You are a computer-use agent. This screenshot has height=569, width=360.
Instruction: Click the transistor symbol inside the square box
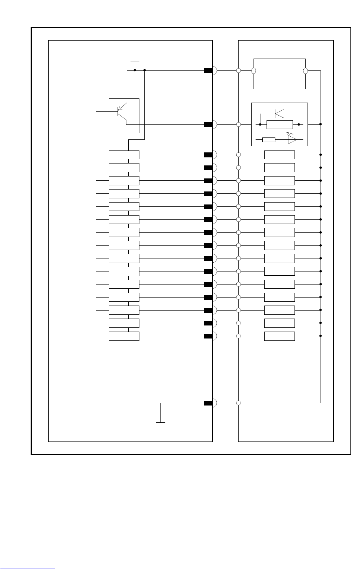point(122,113)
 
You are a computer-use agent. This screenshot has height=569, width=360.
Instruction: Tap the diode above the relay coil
point(280,113)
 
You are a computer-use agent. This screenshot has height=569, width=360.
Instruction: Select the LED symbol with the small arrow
point(292,140)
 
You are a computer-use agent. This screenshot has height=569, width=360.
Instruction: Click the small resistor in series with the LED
point(269,140)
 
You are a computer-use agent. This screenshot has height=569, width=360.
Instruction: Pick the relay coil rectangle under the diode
point(280,124)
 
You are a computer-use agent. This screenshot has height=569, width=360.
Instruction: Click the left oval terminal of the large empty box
point(254,71)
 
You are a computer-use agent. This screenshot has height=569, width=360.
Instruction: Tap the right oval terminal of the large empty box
point(306,71)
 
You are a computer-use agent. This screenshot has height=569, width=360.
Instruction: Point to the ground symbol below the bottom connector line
point(161,422)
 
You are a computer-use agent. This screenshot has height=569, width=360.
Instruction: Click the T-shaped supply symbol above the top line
point(135,62)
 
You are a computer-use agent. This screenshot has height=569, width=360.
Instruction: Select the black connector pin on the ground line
point(208,403)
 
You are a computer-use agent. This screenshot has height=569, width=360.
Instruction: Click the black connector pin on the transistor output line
point(208,124)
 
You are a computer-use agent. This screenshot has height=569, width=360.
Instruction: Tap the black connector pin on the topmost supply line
point(208,71)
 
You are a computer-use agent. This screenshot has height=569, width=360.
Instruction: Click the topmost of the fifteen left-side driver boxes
point(124,155)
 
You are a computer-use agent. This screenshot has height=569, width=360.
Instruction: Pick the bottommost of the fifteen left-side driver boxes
point(124,336)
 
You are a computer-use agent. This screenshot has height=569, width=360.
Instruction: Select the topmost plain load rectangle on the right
point(280,155)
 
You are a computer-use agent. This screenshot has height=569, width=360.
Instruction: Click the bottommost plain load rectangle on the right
point(280,336)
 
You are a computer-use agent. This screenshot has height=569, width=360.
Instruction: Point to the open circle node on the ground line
point(238,403)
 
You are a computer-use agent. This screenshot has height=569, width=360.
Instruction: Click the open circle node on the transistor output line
point(238,124)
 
